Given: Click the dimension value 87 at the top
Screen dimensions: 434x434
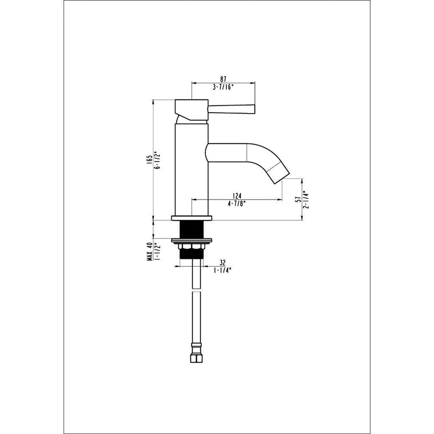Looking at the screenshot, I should coord(223,79).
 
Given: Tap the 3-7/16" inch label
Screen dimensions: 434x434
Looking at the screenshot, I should coord(223,87).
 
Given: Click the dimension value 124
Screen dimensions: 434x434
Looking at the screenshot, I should coord(237,196).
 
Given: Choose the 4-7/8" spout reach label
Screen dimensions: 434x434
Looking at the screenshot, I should coord(237,204).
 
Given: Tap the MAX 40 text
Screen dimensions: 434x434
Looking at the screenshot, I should coord(149,252).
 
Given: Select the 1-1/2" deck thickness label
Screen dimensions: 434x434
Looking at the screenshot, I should coord(156,252).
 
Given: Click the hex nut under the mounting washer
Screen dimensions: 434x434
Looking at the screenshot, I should coord(192,246).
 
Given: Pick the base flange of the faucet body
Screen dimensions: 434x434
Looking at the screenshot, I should coord(192,218).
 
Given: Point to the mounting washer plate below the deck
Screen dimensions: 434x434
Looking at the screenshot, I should coord(192,241).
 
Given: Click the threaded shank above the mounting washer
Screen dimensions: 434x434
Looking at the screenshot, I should coord(192,230).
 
